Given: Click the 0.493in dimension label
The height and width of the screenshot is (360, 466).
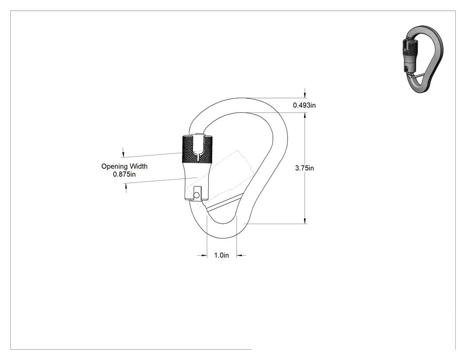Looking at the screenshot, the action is coord(304,105).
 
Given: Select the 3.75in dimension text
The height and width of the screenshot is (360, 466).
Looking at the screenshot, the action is coord(304,168).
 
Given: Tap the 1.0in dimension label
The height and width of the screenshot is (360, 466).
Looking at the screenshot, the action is coord(221,255).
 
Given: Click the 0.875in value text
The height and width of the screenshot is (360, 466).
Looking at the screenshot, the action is coord(124,174).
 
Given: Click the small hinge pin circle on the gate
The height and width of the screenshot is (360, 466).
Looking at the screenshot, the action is coord(196,195).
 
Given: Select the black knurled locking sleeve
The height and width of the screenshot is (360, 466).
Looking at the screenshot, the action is coord(197,150).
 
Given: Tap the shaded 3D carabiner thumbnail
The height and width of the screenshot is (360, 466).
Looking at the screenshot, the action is coord(423,59).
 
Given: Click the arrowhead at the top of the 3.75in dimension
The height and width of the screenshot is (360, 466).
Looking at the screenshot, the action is coord(305,116).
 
